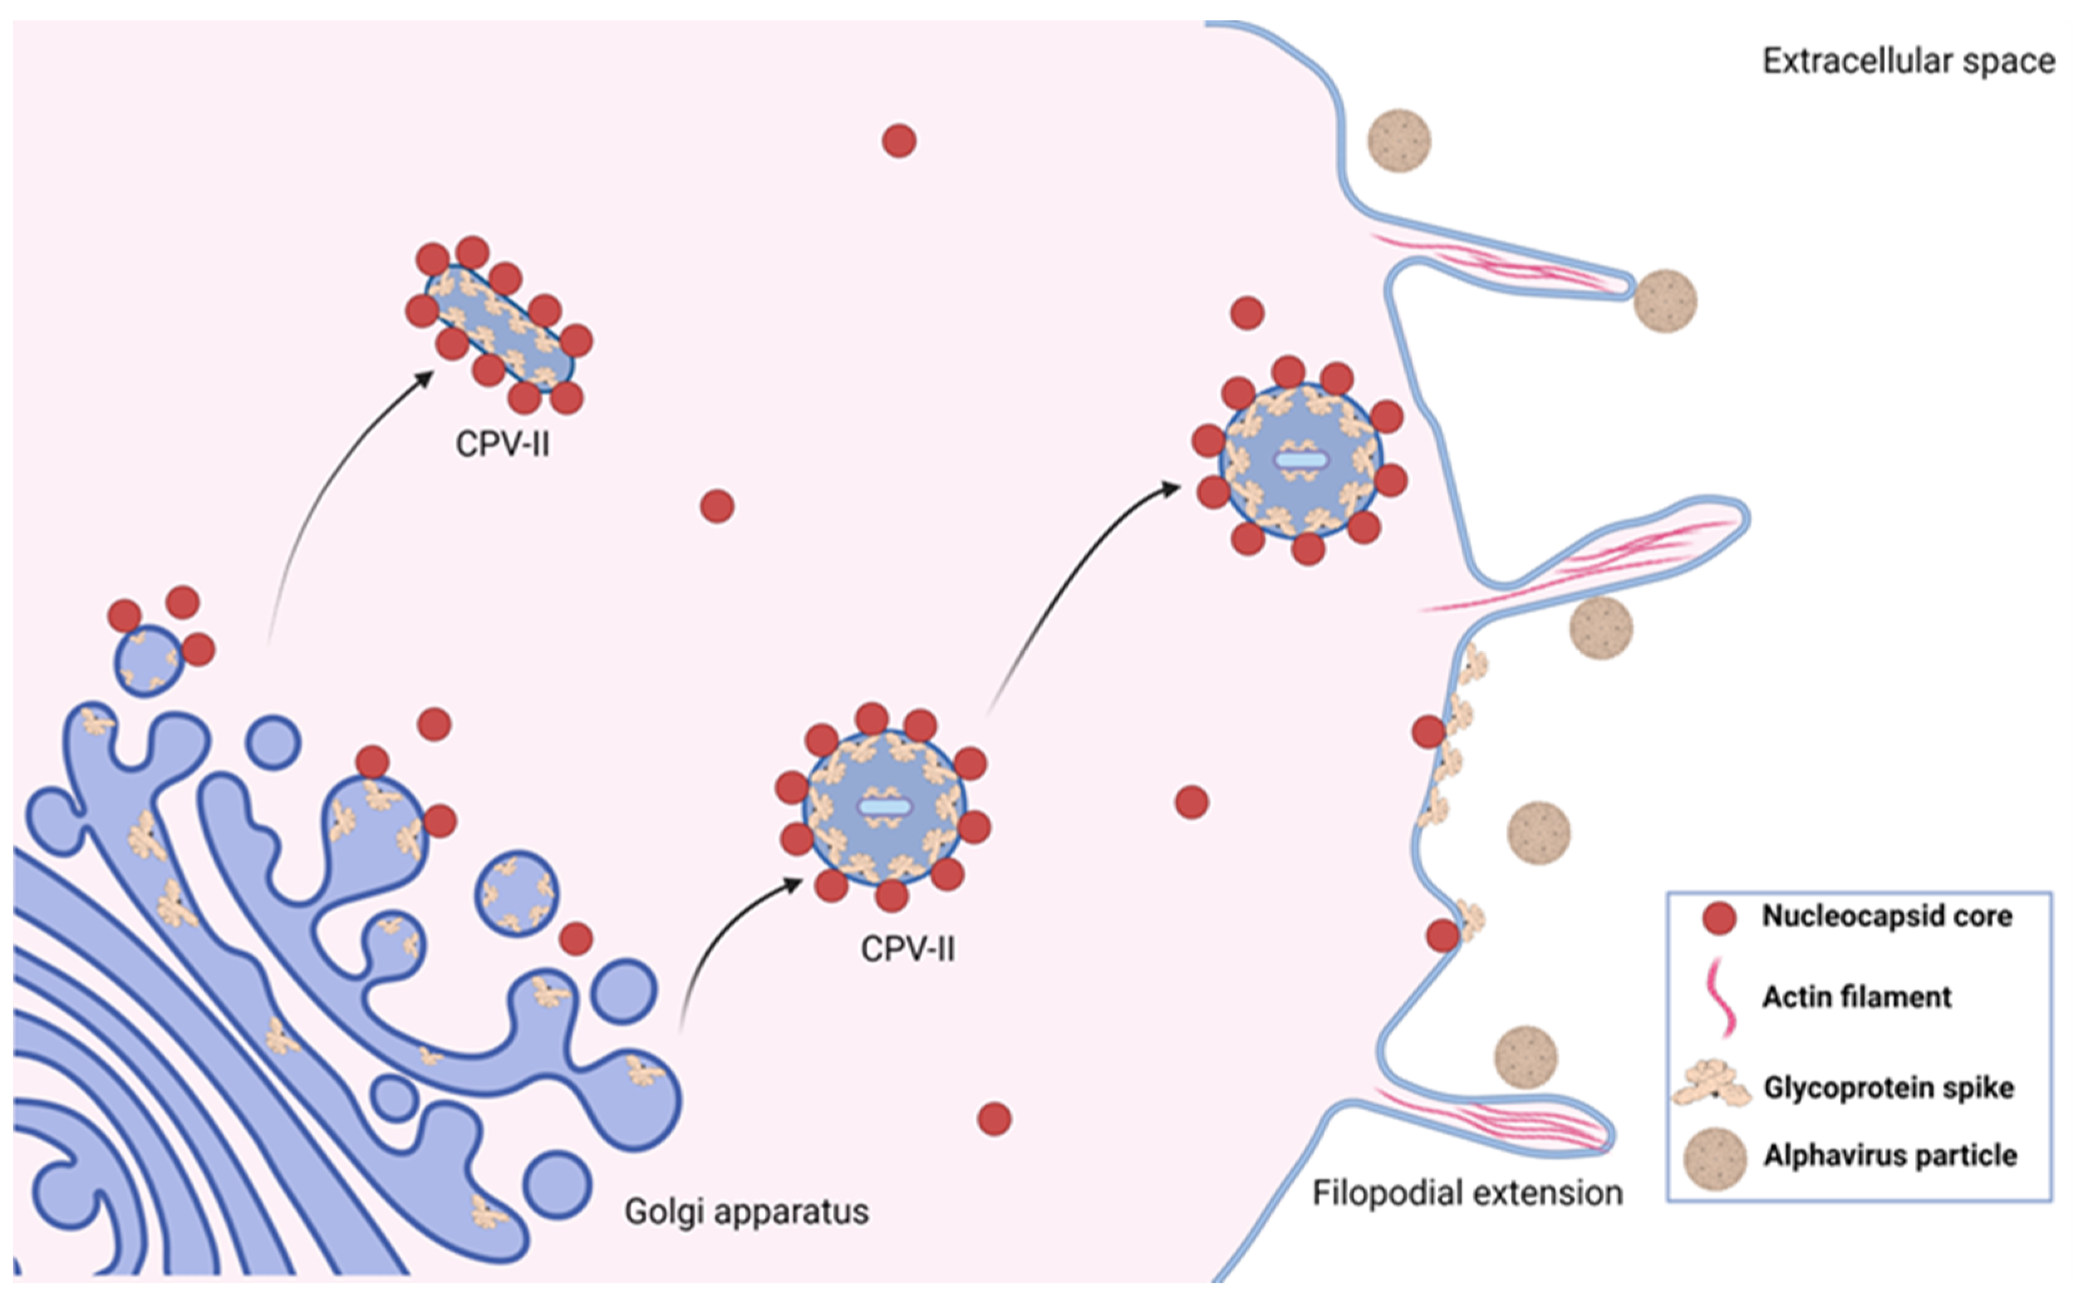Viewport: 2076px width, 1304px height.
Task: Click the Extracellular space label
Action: click(1907, 62)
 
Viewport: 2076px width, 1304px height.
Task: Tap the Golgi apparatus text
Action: click(746, 1211)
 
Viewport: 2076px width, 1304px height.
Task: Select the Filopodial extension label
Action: click(1466, 1193)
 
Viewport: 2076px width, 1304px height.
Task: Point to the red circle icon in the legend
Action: click(1718, 918)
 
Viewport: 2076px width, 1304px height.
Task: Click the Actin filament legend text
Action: click(1856, 997)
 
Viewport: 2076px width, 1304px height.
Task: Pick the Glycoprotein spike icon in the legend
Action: click(1712, 1085)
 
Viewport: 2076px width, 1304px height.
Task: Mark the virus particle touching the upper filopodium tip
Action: click(1665, 301)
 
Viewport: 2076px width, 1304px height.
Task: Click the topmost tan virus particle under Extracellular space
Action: click(1399, 141)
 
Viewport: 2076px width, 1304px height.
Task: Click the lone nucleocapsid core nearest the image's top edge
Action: click(898, 141)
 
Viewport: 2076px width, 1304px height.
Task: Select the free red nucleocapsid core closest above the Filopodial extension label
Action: click(994, 1119)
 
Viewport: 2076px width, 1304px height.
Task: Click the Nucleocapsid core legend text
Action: click(1886, 916)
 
